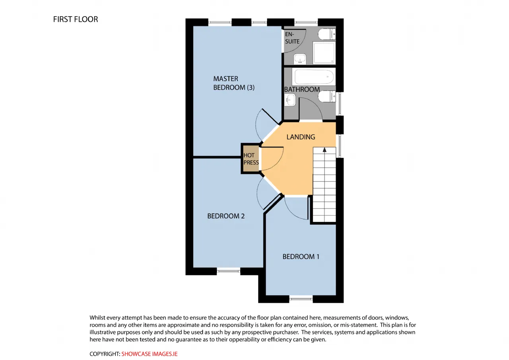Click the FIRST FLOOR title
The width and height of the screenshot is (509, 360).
click(76, 19)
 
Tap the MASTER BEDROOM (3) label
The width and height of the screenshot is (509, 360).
click(233, 83)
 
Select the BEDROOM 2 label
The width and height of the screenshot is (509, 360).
click(226, 216)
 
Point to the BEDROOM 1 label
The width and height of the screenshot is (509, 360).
click(301, 257)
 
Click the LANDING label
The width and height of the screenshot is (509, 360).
click(301, 137)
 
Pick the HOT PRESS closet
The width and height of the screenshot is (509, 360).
click(251, 159)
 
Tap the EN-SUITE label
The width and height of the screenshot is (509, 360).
click(292, 38)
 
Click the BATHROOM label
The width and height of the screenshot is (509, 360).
click(302, 90)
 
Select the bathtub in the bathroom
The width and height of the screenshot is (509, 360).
click(314, 77)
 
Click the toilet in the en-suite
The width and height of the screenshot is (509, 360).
click(327, 34)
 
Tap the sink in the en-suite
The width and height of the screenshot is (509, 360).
click(300, 59)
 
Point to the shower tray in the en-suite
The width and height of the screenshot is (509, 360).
click(324, 53)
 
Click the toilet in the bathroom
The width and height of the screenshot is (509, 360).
click(327, 96)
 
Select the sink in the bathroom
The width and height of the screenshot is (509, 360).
click(290, 100)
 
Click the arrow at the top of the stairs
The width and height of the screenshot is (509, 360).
click(324, 150)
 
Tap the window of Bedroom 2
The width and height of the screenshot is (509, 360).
click(228, 271)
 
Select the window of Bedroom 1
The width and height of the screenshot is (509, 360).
click(301, 299)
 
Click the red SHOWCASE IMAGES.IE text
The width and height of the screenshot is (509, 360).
click(149, 354)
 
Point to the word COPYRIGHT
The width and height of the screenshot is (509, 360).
click(105, 354)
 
